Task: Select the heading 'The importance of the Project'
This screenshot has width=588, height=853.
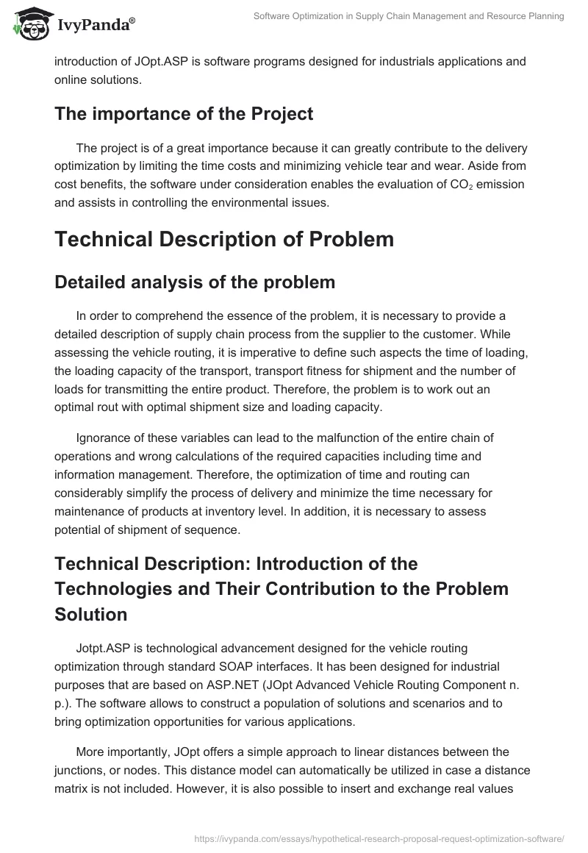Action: coord(184,114)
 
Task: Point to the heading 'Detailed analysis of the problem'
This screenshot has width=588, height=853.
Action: coord(195,282)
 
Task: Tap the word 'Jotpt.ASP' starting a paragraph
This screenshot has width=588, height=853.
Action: coord(101,649)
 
